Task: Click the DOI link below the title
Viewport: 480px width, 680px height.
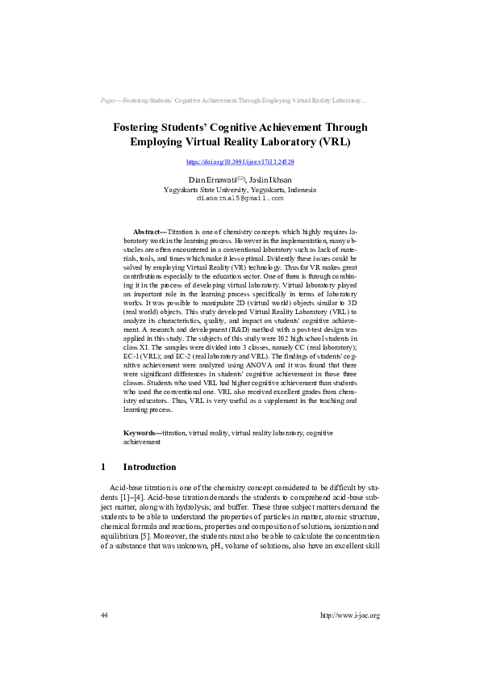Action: point(240,162)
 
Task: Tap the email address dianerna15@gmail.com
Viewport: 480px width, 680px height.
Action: point(240,197)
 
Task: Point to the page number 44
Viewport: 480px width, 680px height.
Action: point(104,638)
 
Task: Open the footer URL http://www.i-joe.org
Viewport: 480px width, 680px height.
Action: point(349,638)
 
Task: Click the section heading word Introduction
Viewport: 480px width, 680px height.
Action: point(149,467)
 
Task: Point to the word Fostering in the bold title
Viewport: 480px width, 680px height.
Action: point(140,127)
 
